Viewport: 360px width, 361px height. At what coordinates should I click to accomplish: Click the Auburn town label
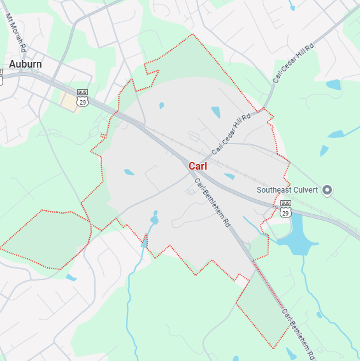point(25,64)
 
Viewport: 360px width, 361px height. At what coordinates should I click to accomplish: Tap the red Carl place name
point(198,166)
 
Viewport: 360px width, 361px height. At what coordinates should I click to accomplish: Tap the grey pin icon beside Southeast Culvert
point(328,190)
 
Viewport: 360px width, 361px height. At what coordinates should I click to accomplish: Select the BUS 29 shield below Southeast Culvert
point(285,208)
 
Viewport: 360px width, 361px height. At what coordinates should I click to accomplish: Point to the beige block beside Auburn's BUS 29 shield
point(68,101)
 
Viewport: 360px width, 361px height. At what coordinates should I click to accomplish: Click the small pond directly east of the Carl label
point(229,176)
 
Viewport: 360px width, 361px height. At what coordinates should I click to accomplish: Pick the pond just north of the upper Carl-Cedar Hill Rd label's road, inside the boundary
point(215,112)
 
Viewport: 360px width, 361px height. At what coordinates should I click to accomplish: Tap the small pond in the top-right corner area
point(333,84)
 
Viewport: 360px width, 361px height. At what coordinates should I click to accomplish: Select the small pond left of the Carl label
point(129,172)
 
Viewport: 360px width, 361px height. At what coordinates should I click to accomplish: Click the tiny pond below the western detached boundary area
point(71,277)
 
